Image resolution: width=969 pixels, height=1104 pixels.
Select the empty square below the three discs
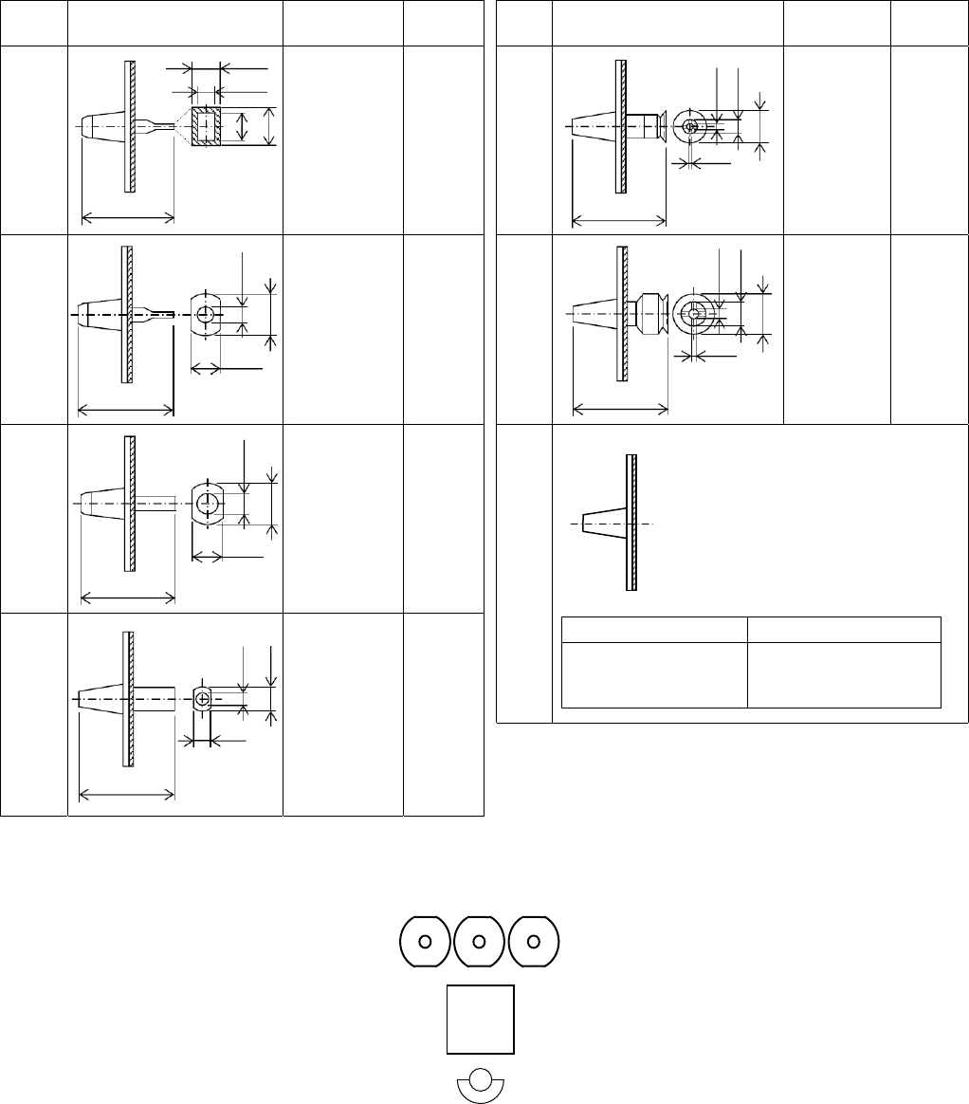[481, 1019]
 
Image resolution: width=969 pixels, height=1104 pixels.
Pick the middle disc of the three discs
[480, 941]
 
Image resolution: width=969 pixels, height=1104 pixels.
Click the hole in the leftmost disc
[426, 941]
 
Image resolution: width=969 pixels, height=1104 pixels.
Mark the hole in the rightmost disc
[534, 941]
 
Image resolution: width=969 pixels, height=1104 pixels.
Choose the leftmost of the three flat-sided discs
[426, 941]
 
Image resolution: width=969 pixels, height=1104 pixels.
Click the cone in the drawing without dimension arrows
[603, 523]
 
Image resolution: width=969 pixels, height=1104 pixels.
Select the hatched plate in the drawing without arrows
[631, 523]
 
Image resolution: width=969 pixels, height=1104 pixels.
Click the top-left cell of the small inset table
[654, 630]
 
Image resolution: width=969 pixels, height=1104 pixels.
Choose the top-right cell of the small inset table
[844, 630]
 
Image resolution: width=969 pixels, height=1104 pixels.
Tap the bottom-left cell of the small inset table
[654, 674]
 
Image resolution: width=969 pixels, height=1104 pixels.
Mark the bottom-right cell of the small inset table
[844, 674]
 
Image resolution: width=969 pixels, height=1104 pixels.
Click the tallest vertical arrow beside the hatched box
[270, 126]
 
